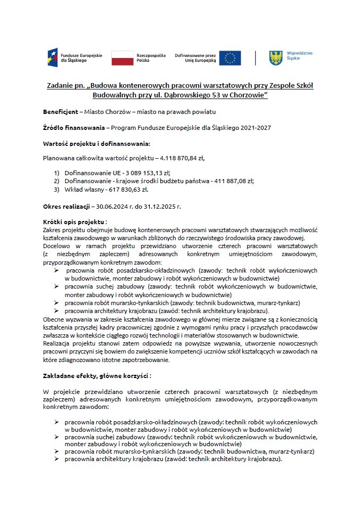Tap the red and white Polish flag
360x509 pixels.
pyautogui.click(x=122, y=58)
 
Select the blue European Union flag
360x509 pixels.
pyautogui.click(x=230, y=58)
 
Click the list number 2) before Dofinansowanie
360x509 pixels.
pyautogui.click(x=57, y=181)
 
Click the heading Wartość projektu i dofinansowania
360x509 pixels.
pyautogui.click(x=96, y=143)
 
